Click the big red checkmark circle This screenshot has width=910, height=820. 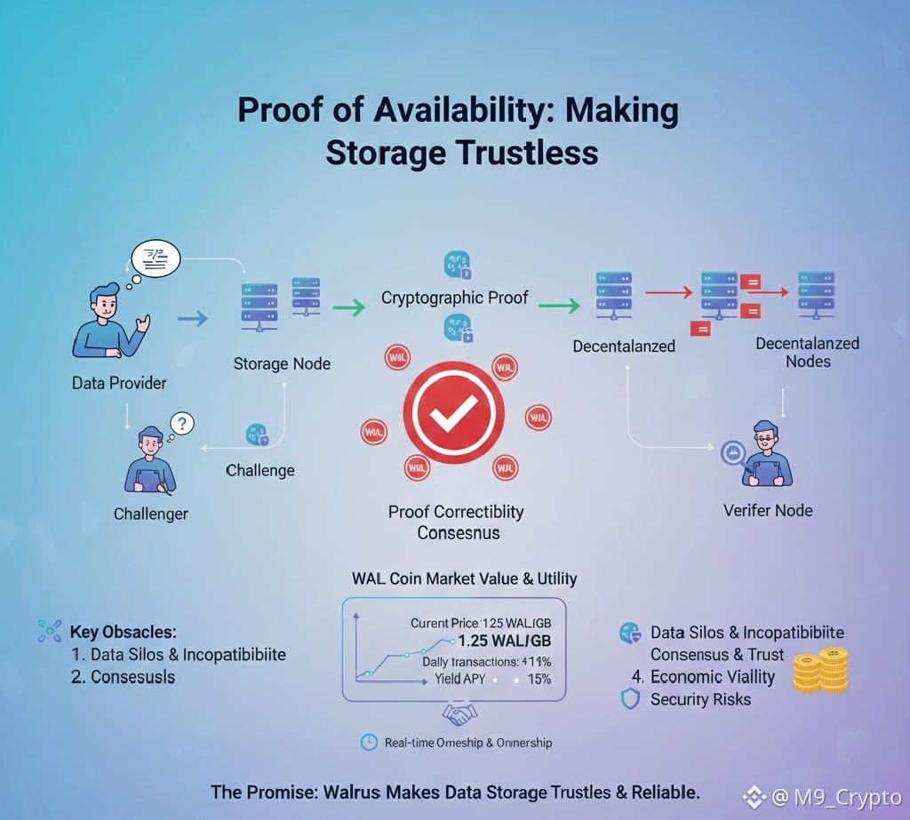(454, 410)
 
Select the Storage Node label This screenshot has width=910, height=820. (282, 363)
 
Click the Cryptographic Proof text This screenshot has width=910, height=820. (454, 298)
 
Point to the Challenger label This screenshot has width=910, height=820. (151, 513)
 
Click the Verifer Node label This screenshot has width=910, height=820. (768, 510)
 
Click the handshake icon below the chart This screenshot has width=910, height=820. (459, 713)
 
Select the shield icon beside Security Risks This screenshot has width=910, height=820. (629, 699)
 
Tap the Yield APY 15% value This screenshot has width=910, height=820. (539, 679)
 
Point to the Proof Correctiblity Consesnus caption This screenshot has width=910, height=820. (457, 522)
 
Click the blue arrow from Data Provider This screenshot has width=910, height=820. (193, 317)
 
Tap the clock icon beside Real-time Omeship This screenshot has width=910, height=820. (368, 742)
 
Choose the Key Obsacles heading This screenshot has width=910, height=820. (123, 633)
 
